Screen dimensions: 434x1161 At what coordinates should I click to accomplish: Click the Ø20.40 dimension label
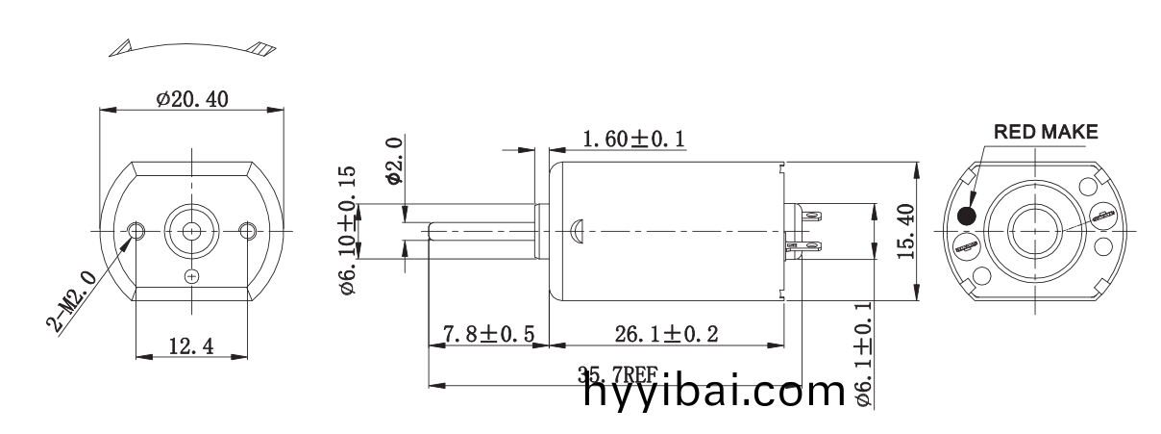click(193, 98)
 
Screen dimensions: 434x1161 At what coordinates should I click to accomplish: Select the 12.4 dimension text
click(192, 345)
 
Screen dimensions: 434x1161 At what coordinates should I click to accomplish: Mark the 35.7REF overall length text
click(615, 375)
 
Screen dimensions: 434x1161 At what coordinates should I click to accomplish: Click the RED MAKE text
click(1045, 132)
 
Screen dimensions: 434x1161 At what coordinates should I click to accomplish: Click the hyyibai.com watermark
click(712, 394)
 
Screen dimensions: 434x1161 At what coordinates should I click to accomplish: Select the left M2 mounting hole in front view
click(136, 230)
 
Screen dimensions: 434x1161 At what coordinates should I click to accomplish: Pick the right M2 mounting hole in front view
click(248, 230)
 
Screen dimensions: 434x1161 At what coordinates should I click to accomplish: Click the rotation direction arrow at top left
click(190, 45)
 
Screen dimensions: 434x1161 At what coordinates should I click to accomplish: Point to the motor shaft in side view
click(481, 230)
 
